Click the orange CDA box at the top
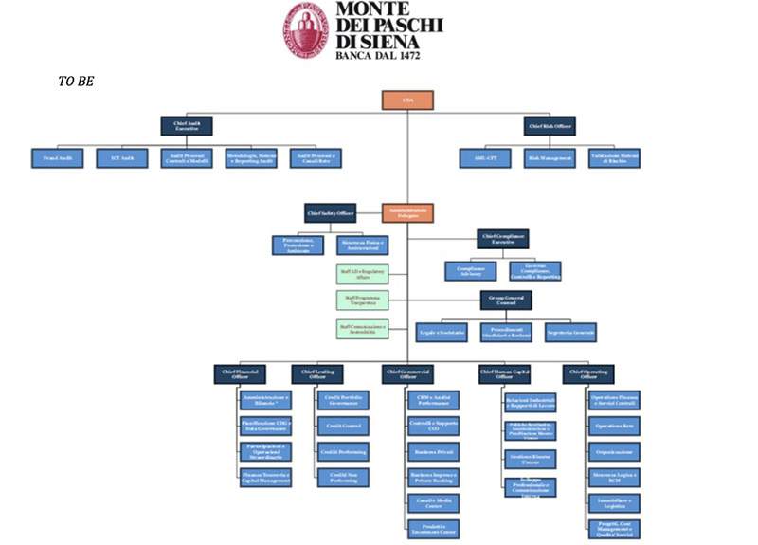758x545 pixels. point(407,100)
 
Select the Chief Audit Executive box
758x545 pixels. point(187,126)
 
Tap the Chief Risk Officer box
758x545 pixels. point(550,126)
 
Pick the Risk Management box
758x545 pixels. point(550,158)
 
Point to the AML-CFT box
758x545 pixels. point(485,158)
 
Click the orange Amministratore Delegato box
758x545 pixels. point(407,214)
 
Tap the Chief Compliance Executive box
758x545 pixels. point(504,239)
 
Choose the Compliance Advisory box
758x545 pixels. point(471,271)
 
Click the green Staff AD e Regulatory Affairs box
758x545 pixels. point(361,273)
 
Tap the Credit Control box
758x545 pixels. point(340,427)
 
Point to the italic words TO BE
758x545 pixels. point(75,81)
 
